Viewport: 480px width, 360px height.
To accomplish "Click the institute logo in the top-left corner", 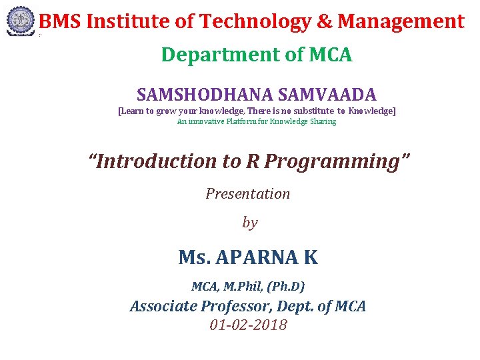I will point(20,21).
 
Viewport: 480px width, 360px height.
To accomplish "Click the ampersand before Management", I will point(325,22).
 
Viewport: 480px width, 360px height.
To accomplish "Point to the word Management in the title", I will point(401,22).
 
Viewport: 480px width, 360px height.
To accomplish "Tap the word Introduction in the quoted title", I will point(153,161).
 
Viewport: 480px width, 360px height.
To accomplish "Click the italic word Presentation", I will point(248,194).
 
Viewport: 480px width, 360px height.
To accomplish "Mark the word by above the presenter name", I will point(249,223).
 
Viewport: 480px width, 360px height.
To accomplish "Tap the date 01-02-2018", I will point(248,325).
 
